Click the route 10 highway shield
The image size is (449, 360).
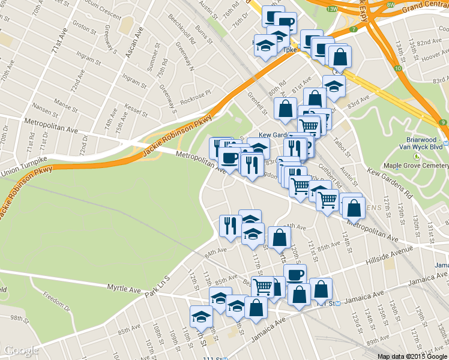(x=398, y=69)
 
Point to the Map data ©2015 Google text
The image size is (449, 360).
(x=412, y=356)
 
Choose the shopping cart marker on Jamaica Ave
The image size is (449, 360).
(x=262, y=287)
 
